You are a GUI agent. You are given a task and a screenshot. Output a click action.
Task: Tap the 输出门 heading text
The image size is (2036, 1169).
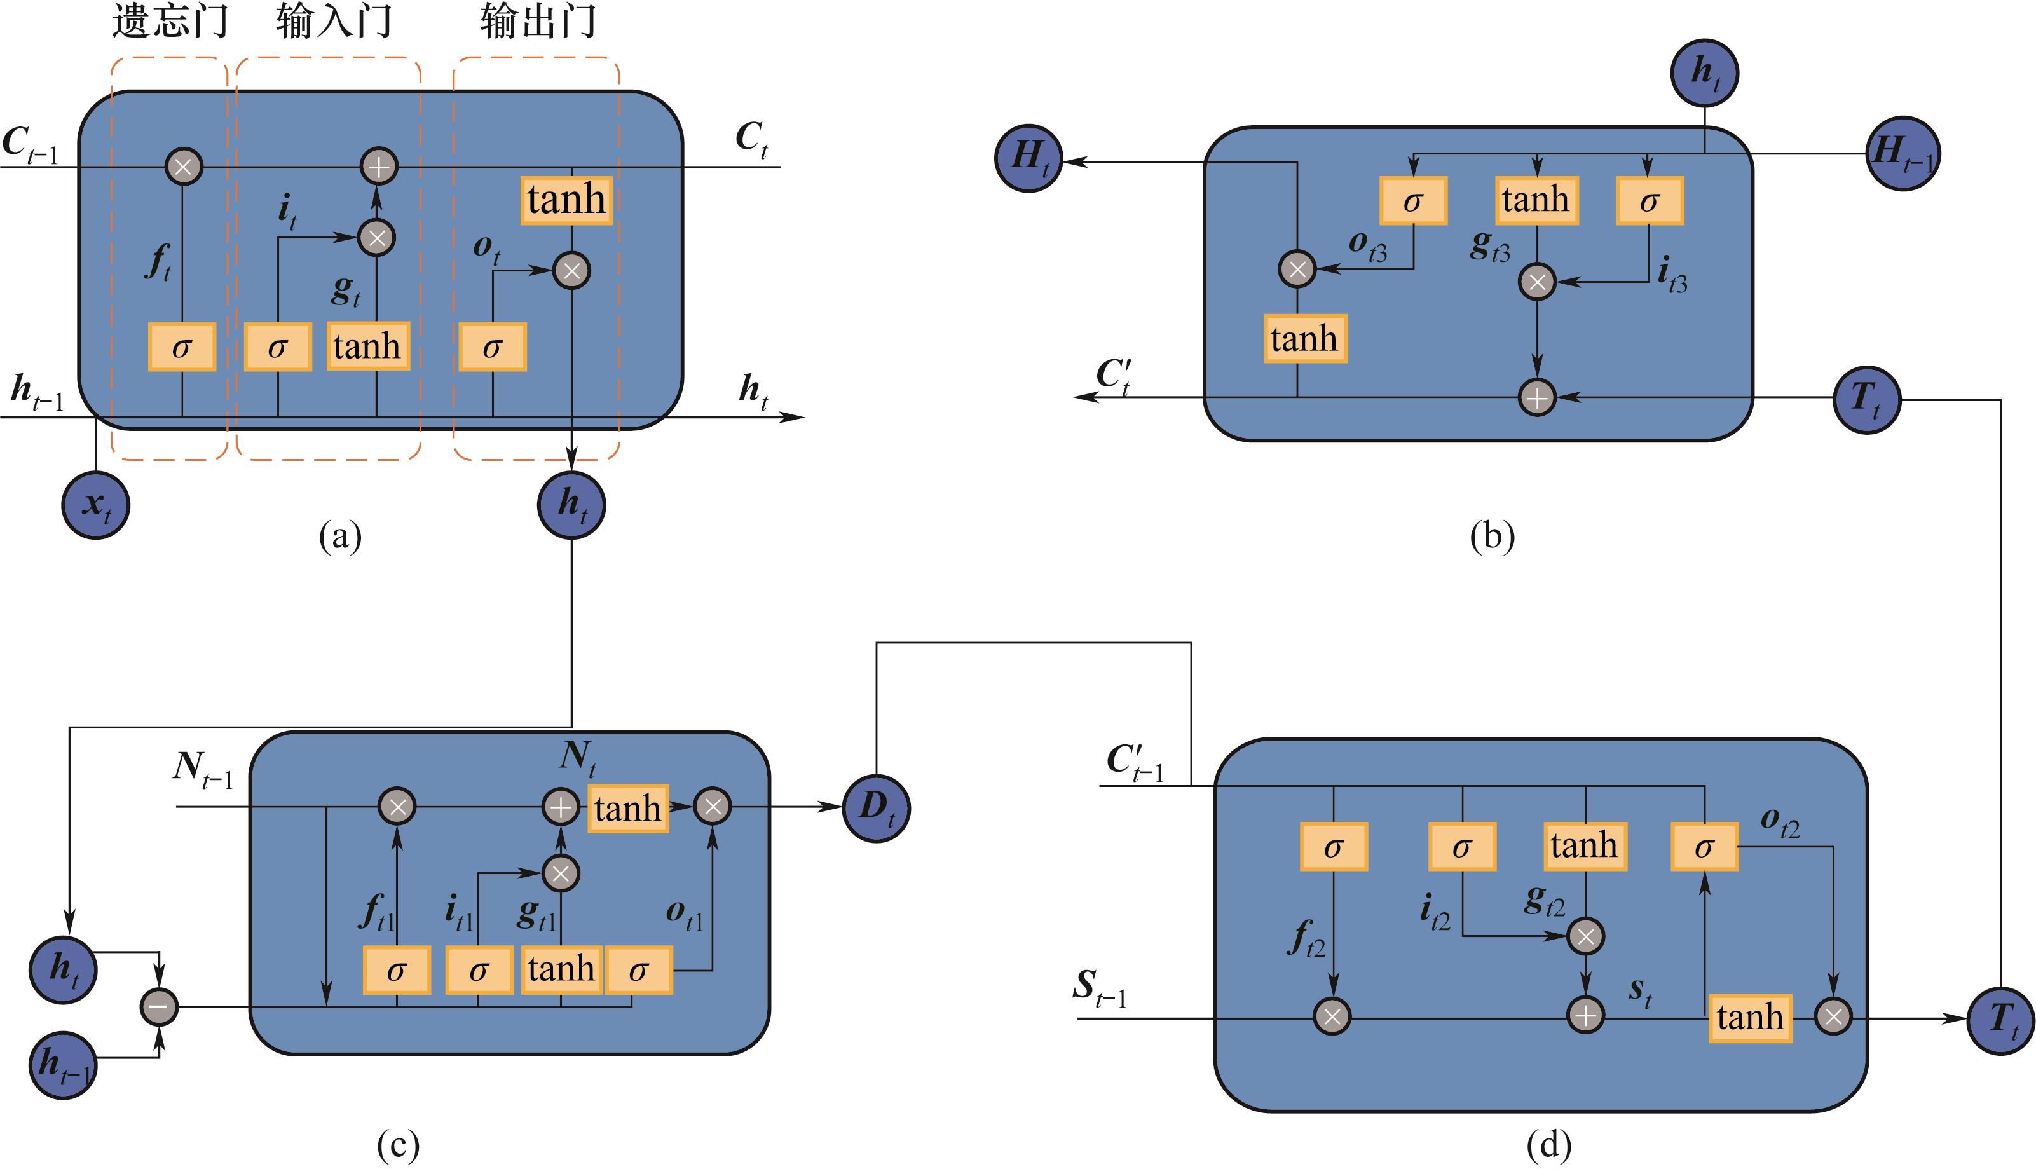[538, 22]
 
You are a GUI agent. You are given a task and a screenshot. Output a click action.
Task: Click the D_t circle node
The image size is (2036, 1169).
[876, 808]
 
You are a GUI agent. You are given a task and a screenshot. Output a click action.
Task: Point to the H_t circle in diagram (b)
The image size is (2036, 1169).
[1028, 158]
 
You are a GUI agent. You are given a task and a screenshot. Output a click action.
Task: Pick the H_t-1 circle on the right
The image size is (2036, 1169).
[1902, 153]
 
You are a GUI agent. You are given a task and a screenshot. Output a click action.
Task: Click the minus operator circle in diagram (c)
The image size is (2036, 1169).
[159, 1007]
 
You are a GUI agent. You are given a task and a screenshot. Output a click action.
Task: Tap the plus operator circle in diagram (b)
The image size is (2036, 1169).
[1536, 397]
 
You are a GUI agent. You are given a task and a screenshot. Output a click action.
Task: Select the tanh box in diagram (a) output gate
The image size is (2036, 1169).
[566, 200]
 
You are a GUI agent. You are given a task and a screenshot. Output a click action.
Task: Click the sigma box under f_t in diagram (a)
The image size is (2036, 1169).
[182, 347]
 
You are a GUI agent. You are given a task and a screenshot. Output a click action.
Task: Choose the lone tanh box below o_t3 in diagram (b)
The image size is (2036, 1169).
[1304, 339]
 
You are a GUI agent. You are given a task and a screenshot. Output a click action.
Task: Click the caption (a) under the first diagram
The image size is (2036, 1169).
[341, 535]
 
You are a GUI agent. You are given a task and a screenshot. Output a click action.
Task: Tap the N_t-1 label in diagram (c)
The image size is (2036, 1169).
[202, 770]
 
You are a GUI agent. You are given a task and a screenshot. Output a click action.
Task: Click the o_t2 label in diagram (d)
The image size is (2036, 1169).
[1780, 821]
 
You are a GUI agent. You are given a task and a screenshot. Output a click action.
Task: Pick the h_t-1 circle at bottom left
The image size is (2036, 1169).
[64, 1065]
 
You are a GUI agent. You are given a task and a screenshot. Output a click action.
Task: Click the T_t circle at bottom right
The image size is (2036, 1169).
[2000, 1020]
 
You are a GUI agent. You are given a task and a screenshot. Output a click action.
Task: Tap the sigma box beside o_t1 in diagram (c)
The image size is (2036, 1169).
[638, 971]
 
